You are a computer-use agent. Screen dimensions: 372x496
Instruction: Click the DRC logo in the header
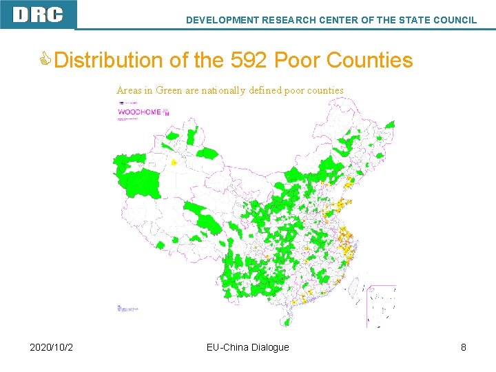pos(38,14)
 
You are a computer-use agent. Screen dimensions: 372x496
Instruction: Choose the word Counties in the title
pos(369,60)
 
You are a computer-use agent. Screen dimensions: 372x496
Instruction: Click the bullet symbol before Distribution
pos(46,60)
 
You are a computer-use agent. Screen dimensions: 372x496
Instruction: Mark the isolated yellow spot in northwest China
pos(174,163)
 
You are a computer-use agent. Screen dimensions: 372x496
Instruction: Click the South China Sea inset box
pos(381,305)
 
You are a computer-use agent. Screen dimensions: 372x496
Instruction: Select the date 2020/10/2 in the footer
pos(52,347)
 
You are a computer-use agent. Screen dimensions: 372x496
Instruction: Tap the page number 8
pos(464,347)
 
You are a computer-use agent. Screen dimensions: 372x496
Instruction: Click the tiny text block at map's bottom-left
pos(128,309)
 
